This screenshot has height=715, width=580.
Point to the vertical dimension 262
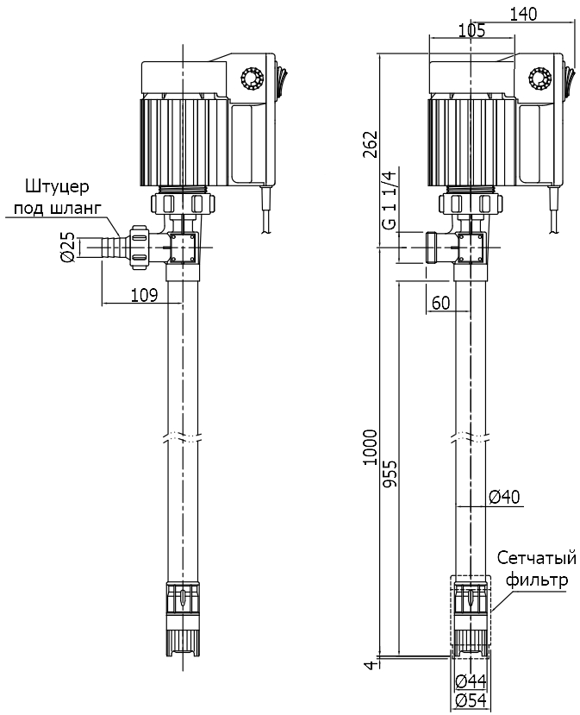[370, 145]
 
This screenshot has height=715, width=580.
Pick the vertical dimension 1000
[370, 448]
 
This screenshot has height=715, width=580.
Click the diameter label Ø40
[505, 496]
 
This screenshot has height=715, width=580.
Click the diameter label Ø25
[66, 248]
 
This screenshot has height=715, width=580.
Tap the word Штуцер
[57, 186]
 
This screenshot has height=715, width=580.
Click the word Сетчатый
[536, 559]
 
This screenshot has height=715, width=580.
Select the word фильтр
[537, 580]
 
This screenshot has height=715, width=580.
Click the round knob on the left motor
[253, 78]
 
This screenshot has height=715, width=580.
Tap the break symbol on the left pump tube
[182, 436]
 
